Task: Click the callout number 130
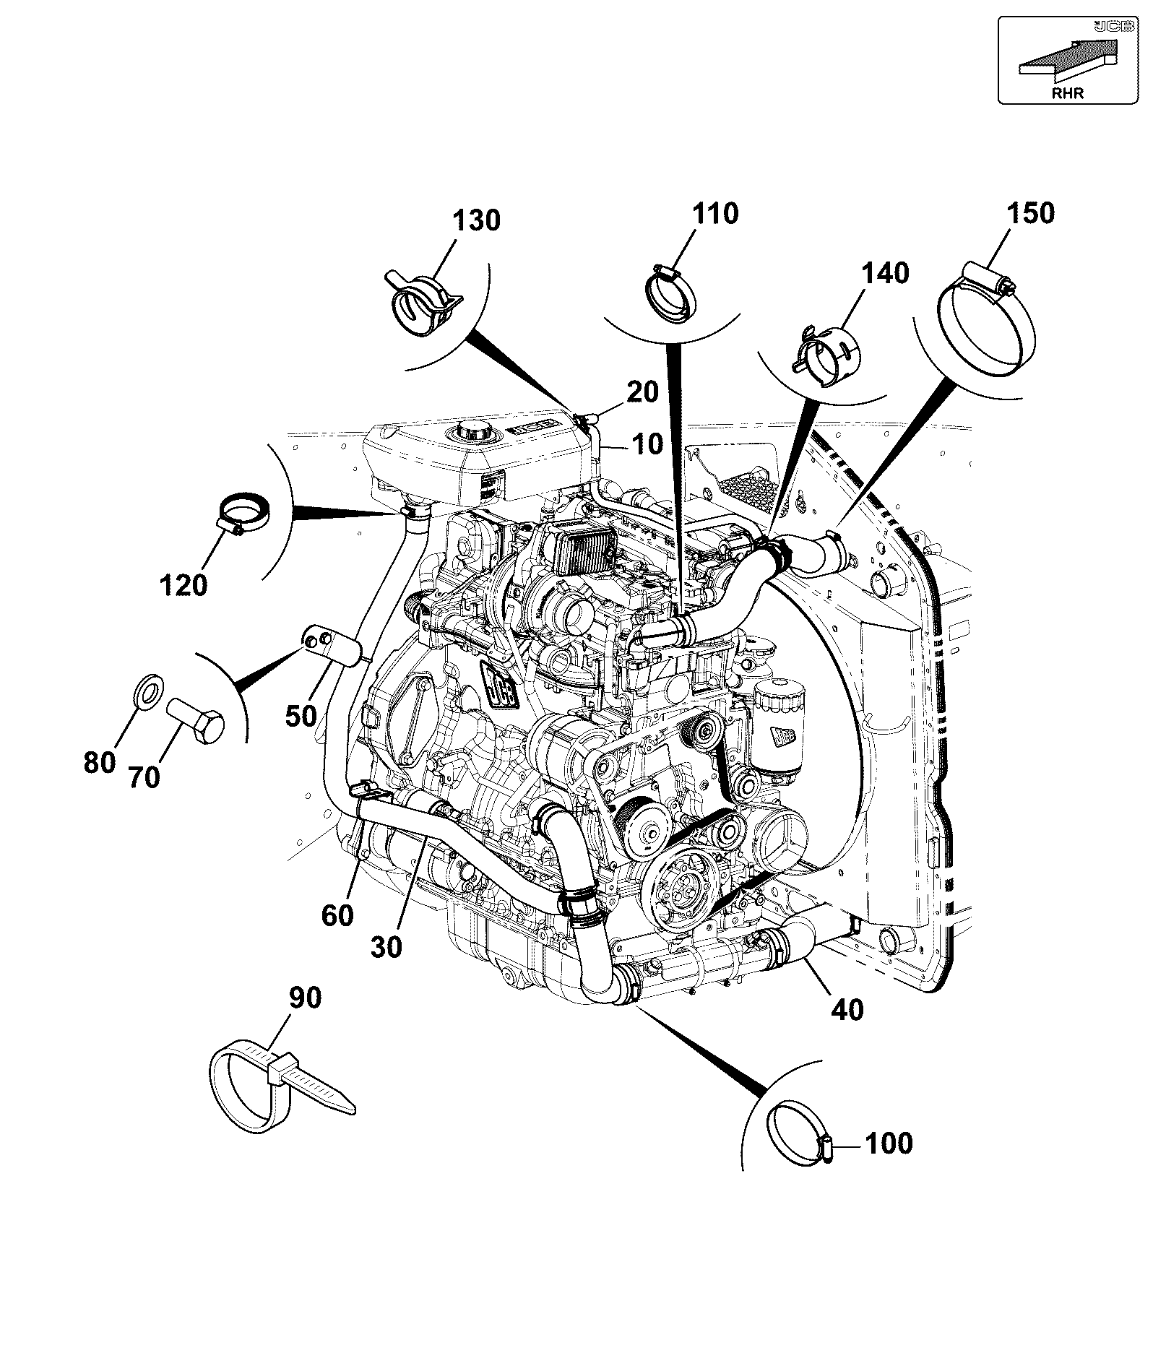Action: [477, 220]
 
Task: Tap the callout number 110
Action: [715, 214]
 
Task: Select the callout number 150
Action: [1030, 213]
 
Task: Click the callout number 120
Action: [183, 585]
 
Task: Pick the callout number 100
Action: [889, 1144]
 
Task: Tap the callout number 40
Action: [847, 1009]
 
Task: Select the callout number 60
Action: [337, 916]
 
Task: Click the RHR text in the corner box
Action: [1067, 93]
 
